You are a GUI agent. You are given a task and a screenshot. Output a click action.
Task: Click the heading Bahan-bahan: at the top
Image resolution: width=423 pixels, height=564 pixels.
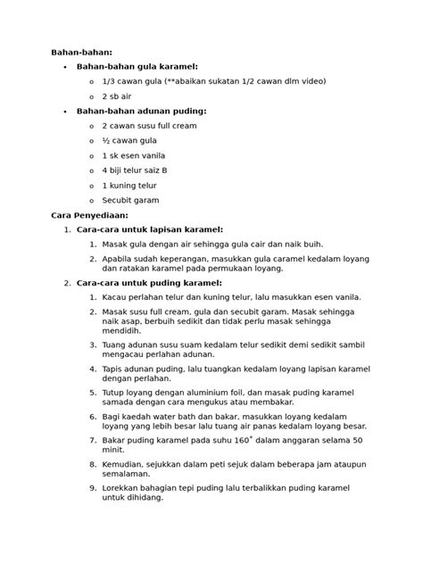pyautogui.click(x=82, y=53)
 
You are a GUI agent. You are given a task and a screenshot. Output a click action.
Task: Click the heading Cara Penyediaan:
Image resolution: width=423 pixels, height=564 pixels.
pyautogui.click(x=89, y=215)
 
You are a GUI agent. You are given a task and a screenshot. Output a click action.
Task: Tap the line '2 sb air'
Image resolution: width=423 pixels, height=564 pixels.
pyautogui.click(x=117, y=96)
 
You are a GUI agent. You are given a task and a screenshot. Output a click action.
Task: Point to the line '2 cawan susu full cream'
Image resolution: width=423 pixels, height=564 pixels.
pyautogui.click(x=149, y=126)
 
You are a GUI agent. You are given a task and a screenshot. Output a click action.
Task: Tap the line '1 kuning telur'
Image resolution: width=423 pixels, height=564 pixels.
pyautogui.click(x=129, y=186)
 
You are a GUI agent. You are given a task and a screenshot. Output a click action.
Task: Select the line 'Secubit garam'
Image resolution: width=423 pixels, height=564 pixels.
pyautogui.click(x=130, y=201)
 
